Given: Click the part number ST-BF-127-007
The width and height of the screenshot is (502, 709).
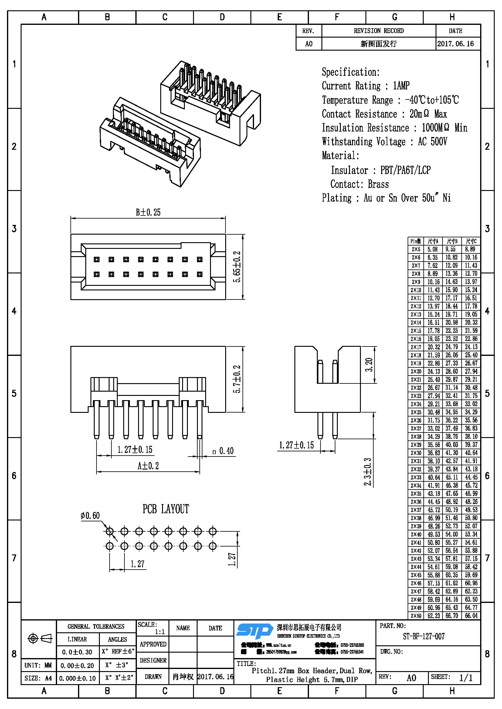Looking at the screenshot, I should (x=423, y=637).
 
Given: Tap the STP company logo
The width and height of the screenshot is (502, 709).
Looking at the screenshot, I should (x=254, y=631).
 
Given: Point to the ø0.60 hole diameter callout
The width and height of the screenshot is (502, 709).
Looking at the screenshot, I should (x=90, y=516).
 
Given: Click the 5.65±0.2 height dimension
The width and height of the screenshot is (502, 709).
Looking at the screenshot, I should (x=237, y=267).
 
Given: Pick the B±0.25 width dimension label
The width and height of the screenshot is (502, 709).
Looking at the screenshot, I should (x=148, y=212).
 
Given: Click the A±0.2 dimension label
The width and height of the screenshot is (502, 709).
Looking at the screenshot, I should (x=148, y=466).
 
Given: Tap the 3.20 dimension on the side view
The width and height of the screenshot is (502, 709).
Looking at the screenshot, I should (x=369, y=365).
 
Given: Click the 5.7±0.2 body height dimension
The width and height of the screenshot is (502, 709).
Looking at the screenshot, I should (x=237, y=379).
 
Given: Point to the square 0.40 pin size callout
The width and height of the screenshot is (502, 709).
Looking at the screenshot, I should (x=223, y=451).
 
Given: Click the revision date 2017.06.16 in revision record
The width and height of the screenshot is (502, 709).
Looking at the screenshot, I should (x=455, y=44).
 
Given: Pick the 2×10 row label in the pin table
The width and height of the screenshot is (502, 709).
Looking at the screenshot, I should (x=416, y=290).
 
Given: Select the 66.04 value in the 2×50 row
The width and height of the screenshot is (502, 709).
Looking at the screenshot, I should (x=471, y=616).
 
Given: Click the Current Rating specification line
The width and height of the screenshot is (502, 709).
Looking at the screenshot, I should (x=366, y=85).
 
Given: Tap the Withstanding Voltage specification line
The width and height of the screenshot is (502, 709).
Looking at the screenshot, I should (x=384, y=142).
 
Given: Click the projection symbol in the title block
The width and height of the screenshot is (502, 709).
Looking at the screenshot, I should (x=39, y=638).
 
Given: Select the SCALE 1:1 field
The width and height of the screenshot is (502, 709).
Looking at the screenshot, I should (x=152, y=628).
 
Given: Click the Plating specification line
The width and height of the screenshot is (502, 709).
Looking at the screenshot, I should (x=386, y=198).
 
